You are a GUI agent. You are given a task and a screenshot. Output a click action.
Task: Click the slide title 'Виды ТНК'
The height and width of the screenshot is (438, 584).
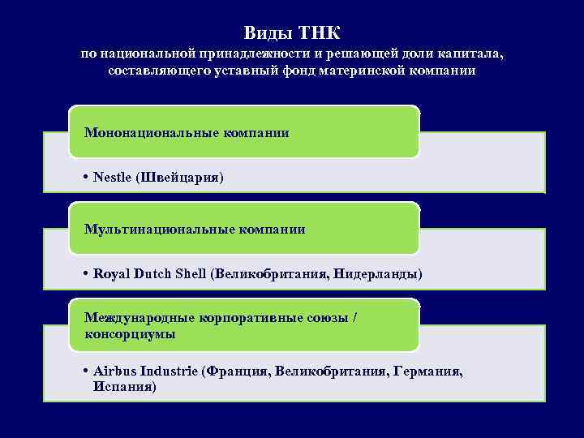click(292, 33)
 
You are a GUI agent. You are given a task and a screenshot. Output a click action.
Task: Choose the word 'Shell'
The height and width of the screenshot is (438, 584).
click(191, 274)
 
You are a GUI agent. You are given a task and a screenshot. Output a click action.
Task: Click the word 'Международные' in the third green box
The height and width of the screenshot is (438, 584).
click(130, 319)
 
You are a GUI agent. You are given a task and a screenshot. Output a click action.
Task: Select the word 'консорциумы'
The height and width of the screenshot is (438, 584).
click(130, 333)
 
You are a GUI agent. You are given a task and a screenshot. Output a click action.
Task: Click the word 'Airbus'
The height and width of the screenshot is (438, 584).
click(114, 371)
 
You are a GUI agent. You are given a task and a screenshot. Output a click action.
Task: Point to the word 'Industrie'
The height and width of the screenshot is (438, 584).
click(169, 371)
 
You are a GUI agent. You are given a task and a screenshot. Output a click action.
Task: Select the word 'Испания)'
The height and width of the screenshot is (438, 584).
click(125, 386)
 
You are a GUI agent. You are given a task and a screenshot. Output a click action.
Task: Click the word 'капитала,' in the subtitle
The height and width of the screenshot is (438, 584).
click(472, 54)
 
